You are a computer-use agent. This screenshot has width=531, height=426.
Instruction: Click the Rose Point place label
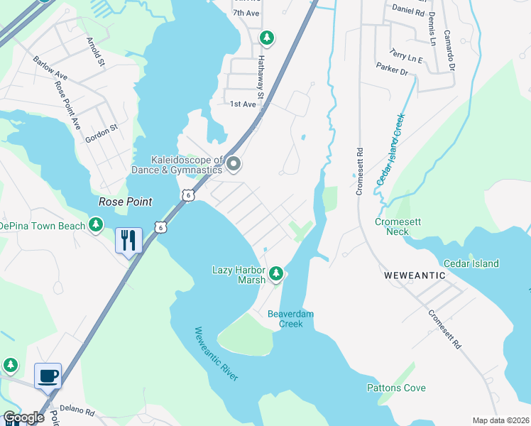(125, 202)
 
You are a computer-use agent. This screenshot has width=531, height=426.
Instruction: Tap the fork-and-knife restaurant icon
(128, 240)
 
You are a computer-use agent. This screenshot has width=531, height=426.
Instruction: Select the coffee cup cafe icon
(48, 375)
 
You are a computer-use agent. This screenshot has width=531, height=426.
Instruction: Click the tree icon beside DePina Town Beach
(97, 225)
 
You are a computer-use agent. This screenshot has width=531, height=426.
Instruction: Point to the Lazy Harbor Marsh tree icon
(277, 273)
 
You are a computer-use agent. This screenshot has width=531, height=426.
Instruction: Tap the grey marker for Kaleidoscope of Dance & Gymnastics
(234, 165)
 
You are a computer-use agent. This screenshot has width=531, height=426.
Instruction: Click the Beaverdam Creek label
(290, 319)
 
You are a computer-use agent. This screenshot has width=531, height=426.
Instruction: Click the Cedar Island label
(471, 263)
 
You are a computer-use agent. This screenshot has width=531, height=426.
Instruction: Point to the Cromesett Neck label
(398, 226)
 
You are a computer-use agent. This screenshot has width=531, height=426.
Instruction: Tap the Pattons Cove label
(396, 388)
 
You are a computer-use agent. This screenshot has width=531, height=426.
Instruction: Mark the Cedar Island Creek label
(391, 149)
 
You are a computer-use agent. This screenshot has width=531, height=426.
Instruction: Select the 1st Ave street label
(243, 104)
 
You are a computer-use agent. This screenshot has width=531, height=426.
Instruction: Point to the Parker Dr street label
(392, 72)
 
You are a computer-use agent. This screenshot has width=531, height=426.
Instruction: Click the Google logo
(23, 417)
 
